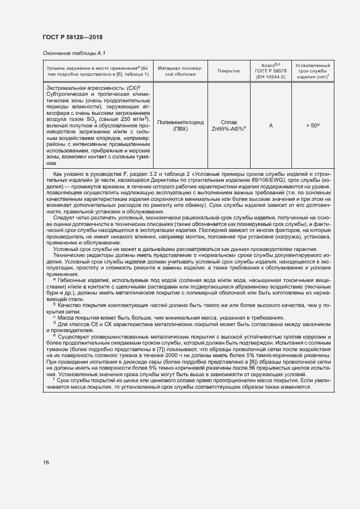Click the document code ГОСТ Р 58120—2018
[72, 37]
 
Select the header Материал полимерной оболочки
[180, 71]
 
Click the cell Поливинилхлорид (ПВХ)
[180, 126]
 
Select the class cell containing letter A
[271, 126]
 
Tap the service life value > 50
[312, 126]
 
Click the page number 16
[46, 462]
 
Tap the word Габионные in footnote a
[72, 279]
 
